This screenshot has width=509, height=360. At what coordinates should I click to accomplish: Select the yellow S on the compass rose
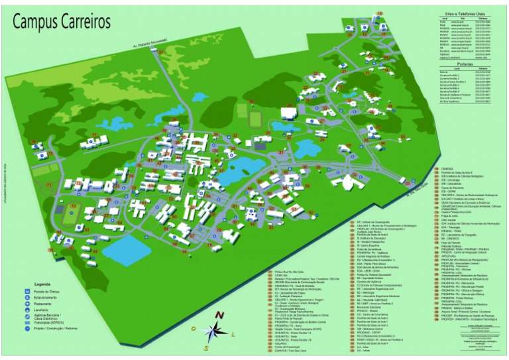point(206,347)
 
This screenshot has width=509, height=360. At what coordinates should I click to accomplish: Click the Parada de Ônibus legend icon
point(28,292)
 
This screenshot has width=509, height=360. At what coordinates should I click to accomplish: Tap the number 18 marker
point(380,13)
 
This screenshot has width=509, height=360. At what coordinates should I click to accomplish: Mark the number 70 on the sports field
point(72,207)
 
